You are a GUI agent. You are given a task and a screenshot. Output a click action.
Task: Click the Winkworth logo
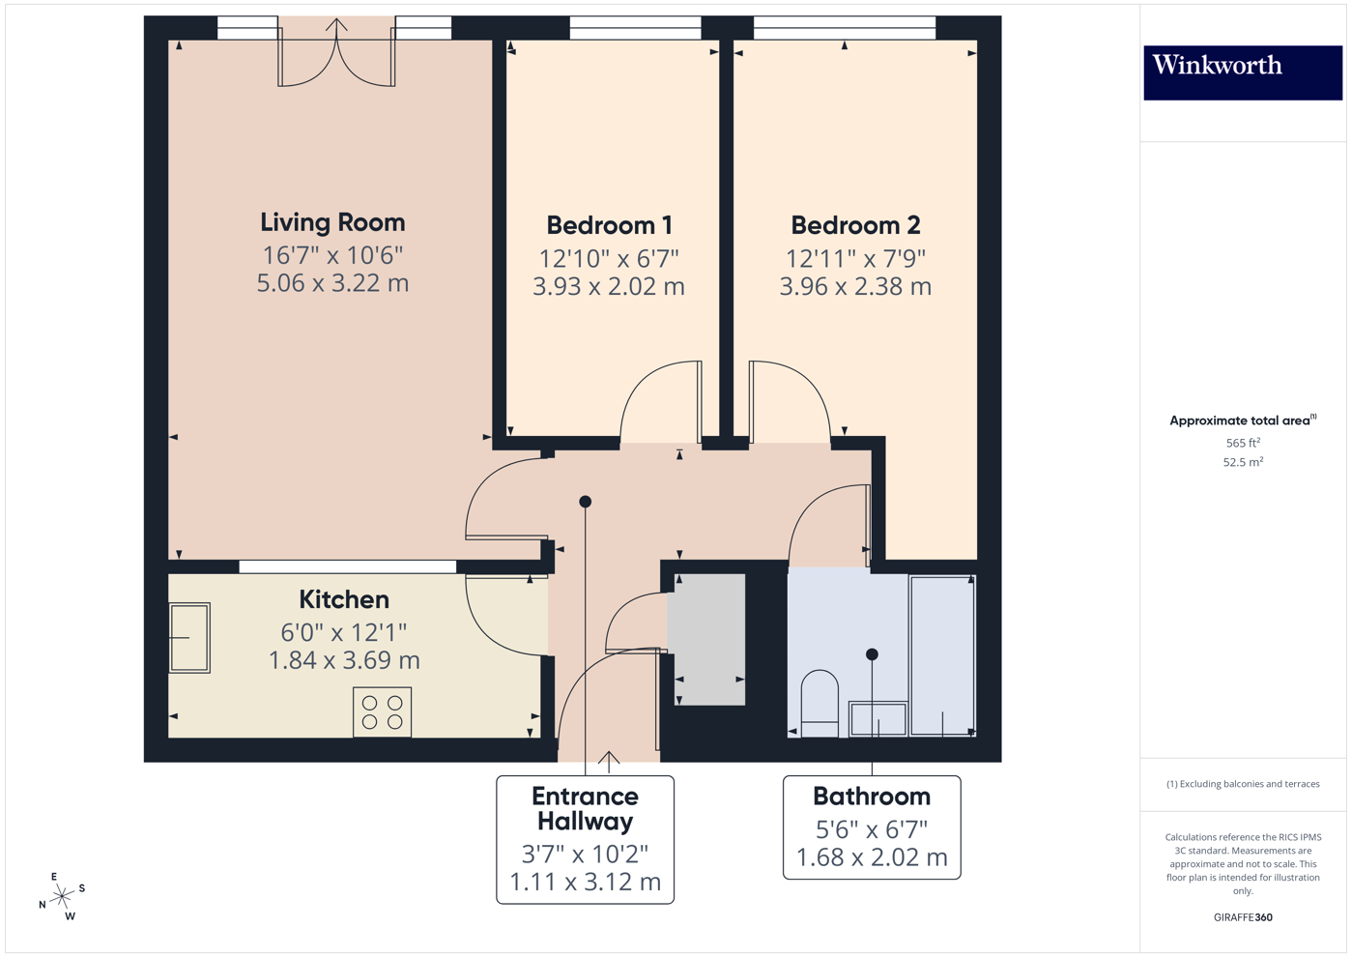coord(1242,72)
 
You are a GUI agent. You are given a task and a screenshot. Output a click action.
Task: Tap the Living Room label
coord(332,222)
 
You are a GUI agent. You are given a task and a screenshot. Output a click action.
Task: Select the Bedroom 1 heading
coord(609,225)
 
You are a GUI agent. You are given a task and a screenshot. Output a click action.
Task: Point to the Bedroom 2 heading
coord(855,225)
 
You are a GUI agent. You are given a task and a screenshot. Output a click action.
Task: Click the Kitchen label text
coord(344,599)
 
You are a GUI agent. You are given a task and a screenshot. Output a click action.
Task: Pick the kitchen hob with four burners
coord(382,712)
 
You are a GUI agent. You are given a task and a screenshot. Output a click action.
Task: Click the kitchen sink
coord(189,638)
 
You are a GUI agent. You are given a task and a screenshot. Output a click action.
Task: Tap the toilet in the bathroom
coord(820,703)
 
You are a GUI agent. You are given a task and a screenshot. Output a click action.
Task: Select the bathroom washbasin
coord(877,719)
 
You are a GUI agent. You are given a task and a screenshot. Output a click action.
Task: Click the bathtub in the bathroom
coord(942,655)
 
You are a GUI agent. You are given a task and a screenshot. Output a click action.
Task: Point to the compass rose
coord(62,896)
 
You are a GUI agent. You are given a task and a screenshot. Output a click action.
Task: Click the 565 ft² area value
coord(1243,443)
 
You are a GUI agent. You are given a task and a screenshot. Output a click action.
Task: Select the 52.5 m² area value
coord(1243,462)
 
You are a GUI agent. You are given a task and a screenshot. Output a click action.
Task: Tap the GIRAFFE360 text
coord(1243,917)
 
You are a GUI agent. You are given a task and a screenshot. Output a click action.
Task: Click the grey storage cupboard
coord(709,639)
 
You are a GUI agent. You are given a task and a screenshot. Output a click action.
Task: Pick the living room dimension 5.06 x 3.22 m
coord(332,283)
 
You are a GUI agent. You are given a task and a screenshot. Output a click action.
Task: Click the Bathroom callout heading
coord(872,797)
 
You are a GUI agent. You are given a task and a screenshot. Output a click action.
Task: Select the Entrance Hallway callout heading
coord(585,809)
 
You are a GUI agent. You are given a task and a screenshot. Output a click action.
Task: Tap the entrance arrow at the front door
coord(609,761)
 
